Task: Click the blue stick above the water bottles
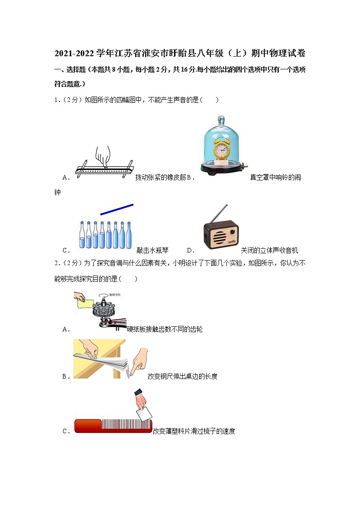tap(117, 209)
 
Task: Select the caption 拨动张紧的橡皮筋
tap(157, 177)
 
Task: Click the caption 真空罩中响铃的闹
tap(275, 177)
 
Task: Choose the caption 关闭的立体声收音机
tap(269, 250)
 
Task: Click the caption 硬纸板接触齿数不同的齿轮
tap(165, 330)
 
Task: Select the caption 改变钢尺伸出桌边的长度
tap(182, 376)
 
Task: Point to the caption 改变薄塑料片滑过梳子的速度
tap(194, 431)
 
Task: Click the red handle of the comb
tap(88, 426)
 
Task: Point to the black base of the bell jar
tap(222, 168)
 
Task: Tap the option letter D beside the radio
tap(190, 250)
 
